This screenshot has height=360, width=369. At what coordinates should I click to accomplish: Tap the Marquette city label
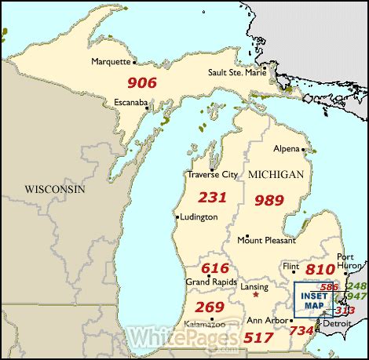pos(111,60)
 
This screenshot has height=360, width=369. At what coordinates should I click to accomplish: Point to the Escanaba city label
pos(131,102)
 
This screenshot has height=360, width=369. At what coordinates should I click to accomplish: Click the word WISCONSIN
pos(54,190)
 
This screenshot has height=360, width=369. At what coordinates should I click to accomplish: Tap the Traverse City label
pos(212,174)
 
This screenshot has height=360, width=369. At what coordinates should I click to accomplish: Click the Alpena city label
pos(286,147)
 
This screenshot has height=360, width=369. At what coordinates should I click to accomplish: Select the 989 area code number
pos(269,200)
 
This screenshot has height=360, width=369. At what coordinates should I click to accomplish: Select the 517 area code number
pos(260,337)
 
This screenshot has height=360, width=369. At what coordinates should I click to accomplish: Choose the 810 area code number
pos(320,270)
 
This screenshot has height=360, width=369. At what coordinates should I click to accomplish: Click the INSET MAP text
pos(312,300)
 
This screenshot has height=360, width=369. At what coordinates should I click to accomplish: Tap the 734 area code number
pos(302,332)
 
